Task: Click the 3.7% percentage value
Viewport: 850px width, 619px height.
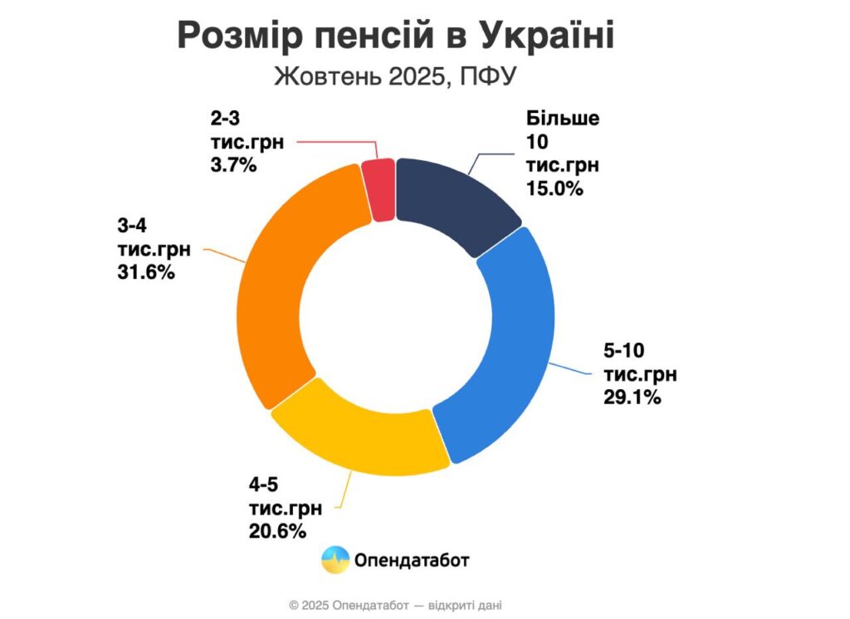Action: [x=233, y=164]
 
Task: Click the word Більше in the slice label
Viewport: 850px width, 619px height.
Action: [x=562, y=118]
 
